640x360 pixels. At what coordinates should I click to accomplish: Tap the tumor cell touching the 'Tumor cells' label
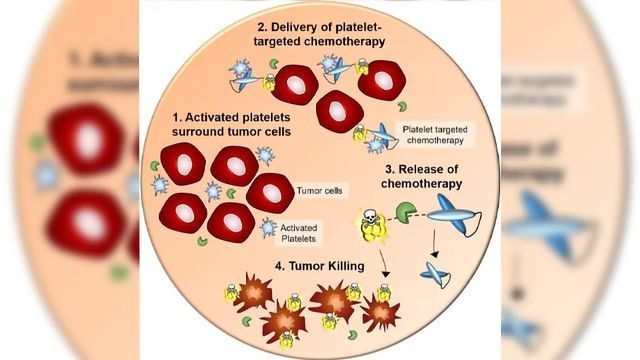[x=269, y=192]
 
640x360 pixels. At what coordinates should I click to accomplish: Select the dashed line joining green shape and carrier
[x=428, y=213]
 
